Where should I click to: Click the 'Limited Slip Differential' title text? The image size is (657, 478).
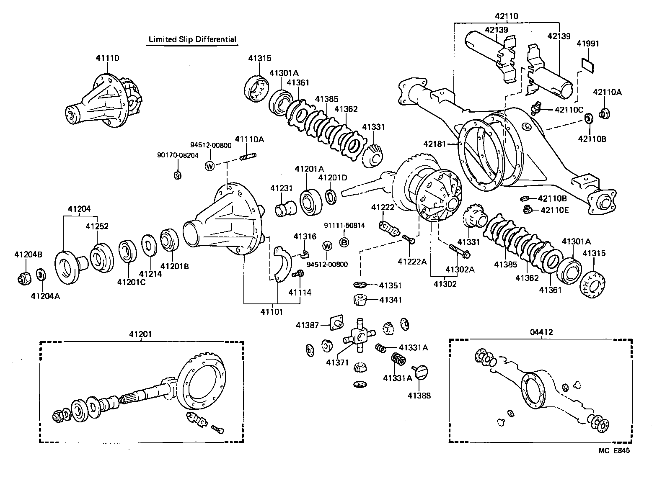(x=193, y=39)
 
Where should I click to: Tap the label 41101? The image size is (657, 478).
(x=272, y=311)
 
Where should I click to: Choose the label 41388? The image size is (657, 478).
(x=419, y=395)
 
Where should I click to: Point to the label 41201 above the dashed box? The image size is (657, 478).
(x=141, y=334)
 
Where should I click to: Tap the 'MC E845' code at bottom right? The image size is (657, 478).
(x=613, y=451)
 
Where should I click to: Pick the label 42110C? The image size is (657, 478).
(x=569, y=110)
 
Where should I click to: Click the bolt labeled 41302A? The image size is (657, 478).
(x=459, y=251)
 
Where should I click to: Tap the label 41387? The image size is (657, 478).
(x=307, y=325)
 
